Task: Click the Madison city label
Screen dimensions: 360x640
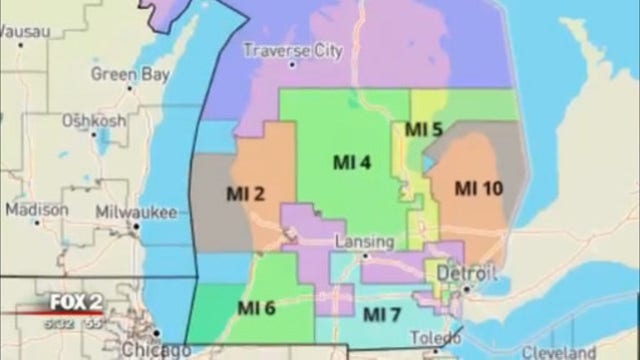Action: point(37,210)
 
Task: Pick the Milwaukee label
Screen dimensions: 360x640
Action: point(136,212)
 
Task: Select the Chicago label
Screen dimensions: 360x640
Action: point(155,349)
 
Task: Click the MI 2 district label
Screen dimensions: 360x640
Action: point(245,193)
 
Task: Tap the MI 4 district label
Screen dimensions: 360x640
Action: point(352,161)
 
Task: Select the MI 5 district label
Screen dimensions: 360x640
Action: point(423,129)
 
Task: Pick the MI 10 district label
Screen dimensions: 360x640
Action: point(479,187)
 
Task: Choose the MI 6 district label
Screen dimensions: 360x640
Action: point(257,307)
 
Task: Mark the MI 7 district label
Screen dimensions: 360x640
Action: point(382,315)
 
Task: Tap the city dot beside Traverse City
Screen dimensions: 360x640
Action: point(292,64)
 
